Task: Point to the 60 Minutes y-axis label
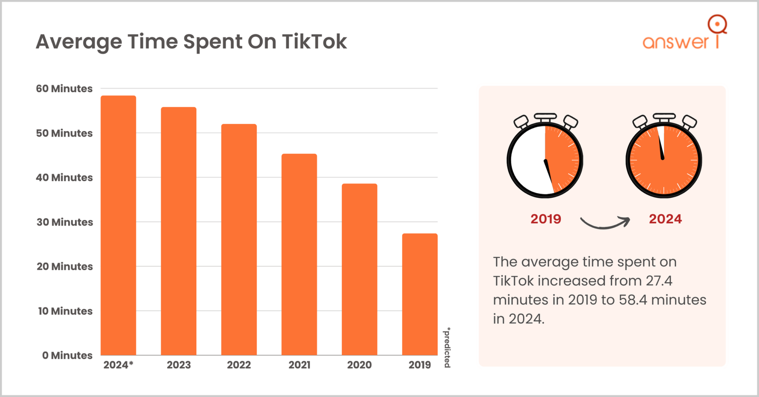point(64,89)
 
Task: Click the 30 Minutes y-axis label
point(64,222)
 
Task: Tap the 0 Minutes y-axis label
point(67,355)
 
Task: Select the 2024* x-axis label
point(118,365)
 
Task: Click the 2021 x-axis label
point(299,365)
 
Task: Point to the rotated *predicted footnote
point(447,347)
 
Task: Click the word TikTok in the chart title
point(314,42)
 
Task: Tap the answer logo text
point(676,42)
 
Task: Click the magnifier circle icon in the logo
point(717,24)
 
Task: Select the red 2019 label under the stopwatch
point(546,219)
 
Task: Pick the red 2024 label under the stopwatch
point(665,219)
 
